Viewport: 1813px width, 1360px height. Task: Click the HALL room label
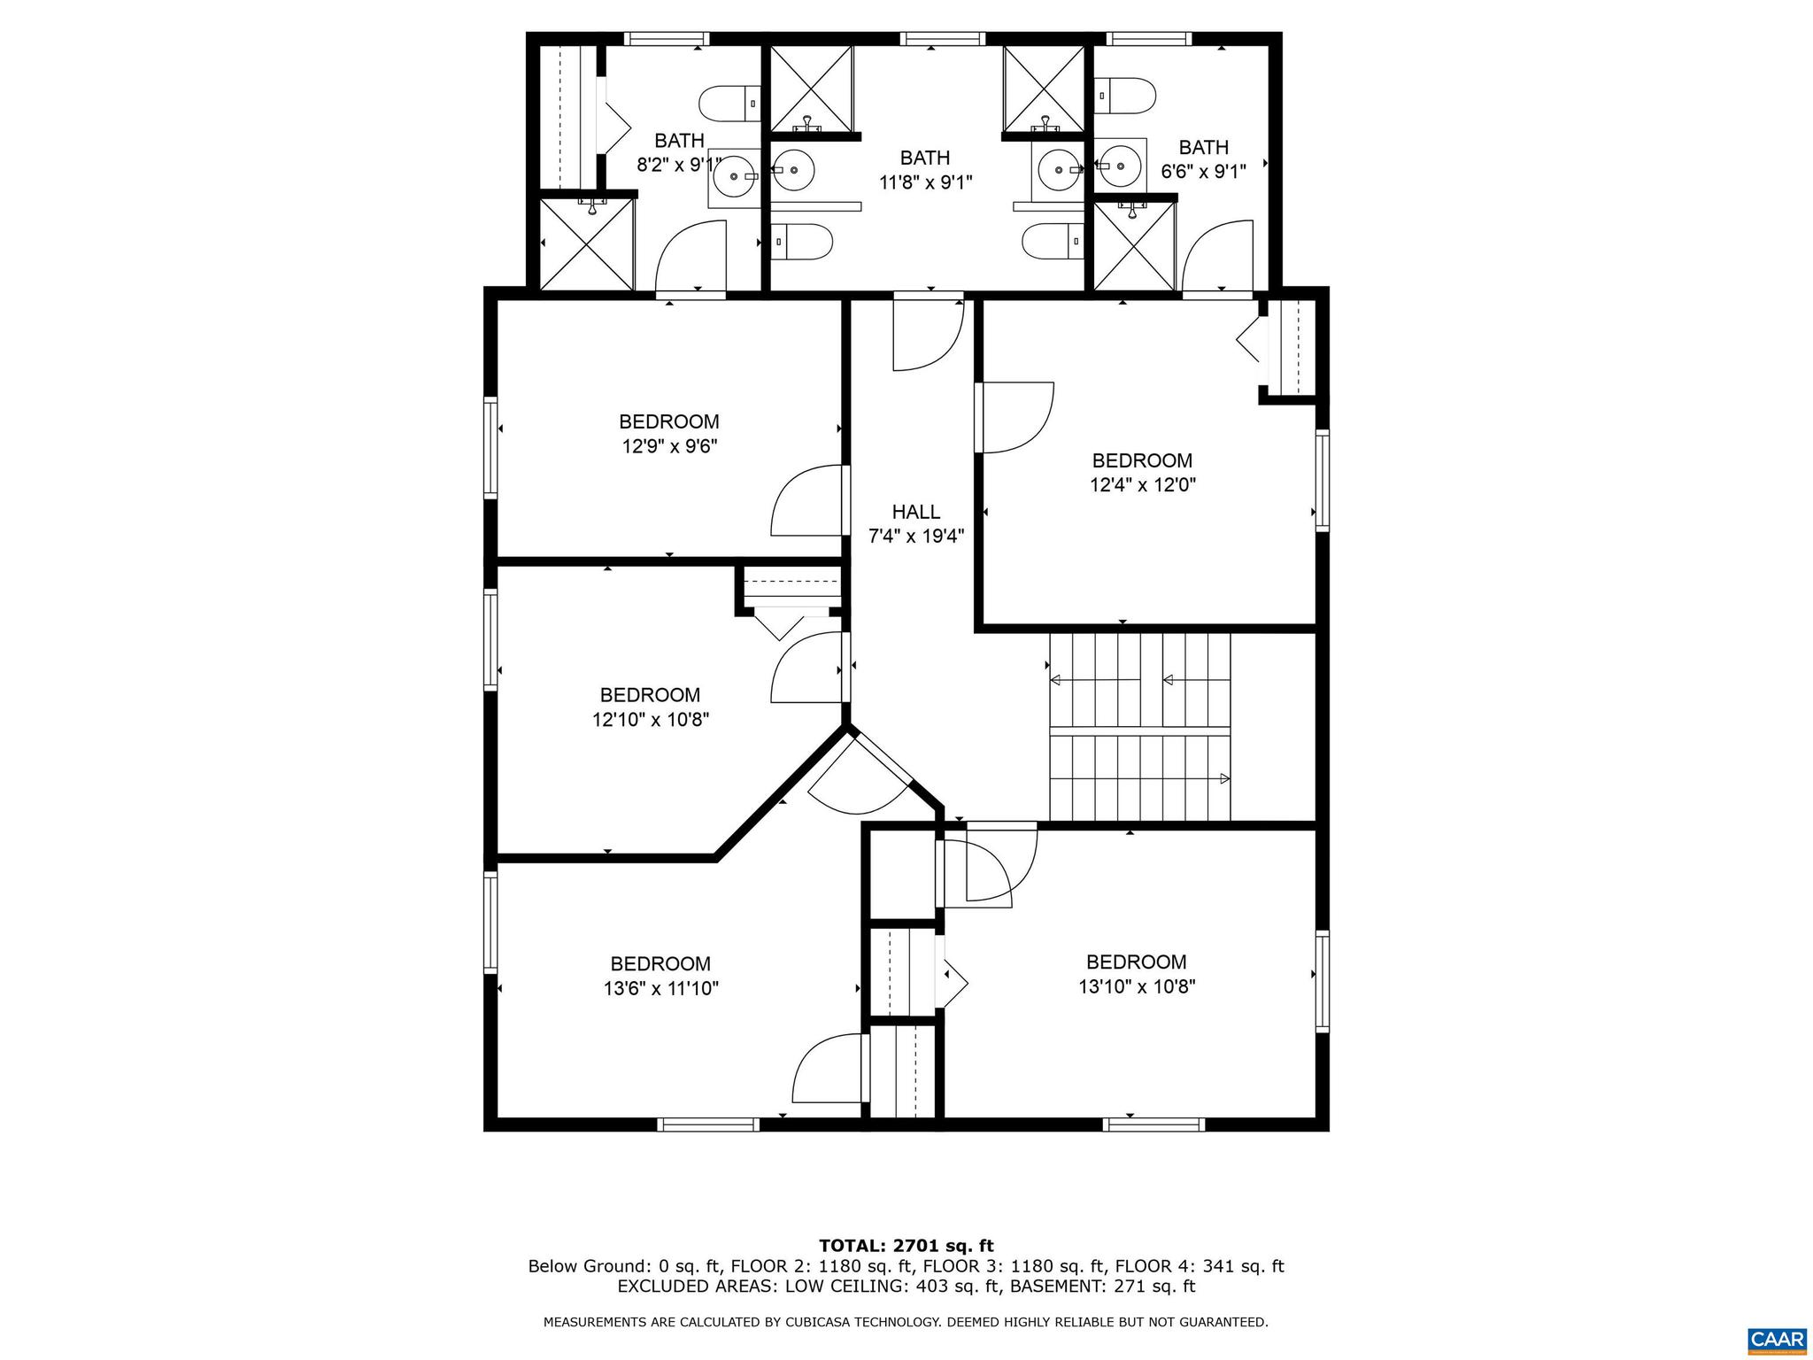coord(915,512)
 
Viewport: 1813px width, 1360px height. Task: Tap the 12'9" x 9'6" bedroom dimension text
coord(668,447)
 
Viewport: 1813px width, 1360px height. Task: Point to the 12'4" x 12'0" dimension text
coord(1142,485)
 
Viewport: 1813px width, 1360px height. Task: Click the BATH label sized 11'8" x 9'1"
coord(925,158)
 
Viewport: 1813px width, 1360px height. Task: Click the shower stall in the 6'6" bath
coord(1135,246)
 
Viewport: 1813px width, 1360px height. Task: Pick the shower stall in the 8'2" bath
coord(587,244)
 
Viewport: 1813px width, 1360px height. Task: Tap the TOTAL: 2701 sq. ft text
coord(906,1247)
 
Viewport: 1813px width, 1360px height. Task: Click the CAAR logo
coord(1778,1338)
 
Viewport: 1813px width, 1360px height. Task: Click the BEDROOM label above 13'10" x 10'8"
coord(1136,962)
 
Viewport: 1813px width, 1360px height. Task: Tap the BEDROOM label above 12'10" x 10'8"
coord(650,695)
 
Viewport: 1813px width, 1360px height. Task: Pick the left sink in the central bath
coord(793,167)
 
